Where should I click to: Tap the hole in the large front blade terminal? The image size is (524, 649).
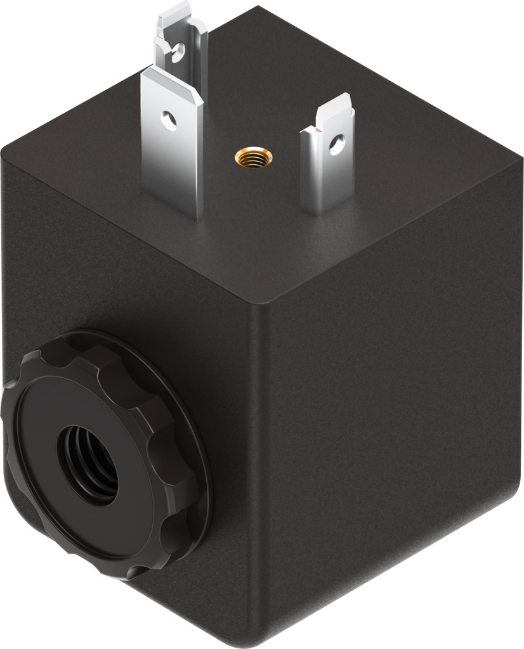[x=169, y=119]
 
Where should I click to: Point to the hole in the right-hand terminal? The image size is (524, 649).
[x=334, y=144]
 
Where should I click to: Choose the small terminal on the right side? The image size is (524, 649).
[x=329, y=158]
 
